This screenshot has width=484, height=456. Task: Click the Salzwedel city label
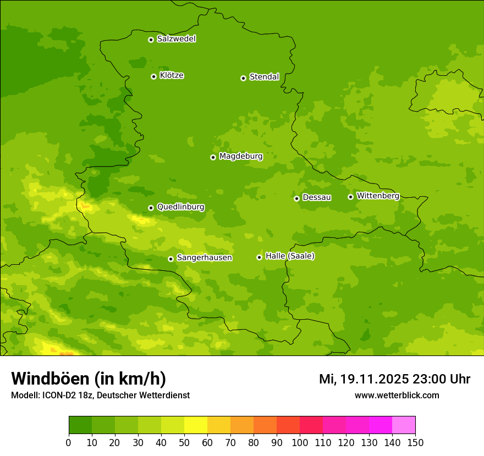176,39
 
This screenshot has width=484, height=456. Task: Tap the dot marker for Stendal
243,78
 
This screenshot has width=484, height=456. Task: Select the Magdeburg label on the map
241,157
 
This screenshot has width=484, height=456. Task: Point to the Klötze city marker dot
153,76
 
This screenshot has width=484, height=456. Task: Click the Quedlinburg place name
180,207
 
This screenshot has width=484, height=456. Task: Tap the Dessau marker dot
296,198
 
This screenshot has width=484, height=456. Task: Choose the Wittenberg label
378,196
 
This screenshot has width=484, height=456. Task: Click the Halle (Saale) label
290,256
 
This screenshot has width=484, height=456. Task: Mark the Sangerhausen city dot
170,259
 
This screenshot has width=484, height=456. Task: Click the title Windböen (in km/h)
89,379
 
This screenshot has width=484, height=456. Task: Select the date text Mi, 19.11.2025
362,379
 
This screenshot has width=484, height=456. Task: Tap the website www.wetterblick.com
397,395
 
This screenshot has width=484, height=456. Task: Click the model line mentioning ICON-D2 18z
100,395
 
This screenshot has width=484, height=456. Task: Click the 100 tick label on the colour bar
300,442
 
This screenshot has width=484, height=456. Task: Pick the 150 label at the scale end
415,442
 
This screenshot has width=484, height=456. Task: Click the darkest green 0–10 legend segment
80,425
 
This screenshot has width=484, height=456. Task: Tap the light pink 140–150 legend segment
404,425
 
